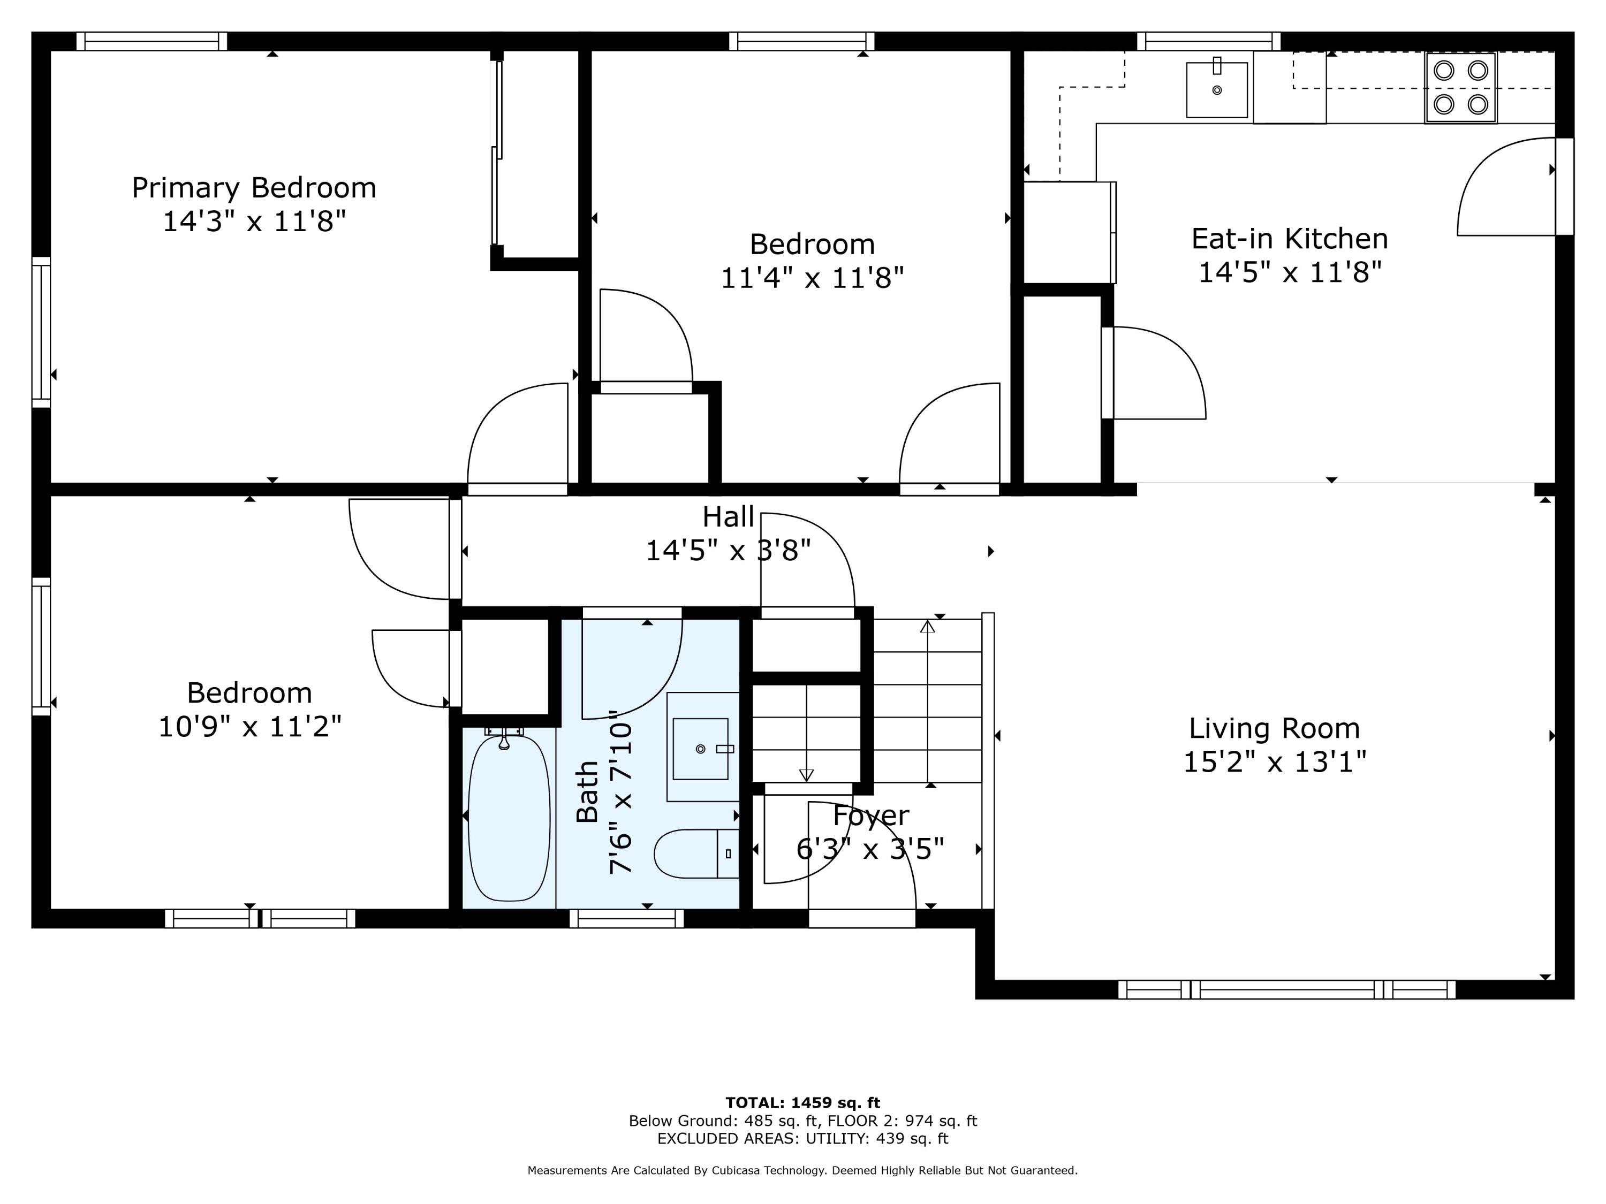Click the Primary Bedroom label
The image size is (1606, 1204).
pyautogui.click(x=254, y=188)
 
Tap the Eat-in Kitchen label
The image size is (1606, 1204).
pyautogui.click(x=1290, y=239)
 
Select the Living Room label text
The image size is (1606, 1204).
pyautogui.click(x=1274, y=729)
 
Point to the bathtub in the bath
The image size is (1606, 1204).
pyautogui.click(x=509, y=818)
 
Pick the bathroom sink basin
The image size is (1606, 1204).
pyautogui.click(x=700, y=749)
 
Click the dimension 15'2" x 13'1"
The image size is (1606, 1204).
pyautogui.click(x=1275, y=762)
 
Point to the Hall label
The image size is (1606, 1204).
pyautogui.click(x=728, y=517)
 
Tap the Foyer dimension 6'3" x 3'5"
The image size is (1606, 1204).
pyautogui.click(x=870, y=848)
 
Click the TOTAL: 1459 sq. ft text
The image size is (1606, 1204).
pyautogui.click(x=803, y=1103)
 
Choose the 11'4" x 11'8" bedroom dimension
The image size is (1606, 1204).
pyautogui.click(x=813, y=278)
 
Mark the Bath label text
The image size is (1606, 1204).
pyautogui.click(x=587, y=792)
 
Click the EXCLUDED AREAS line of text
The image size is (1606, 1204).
pyautogui.click(x=803, y=1138)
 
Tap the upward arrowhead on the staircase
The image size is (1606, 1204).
pyautogui.click(x=928, y=626)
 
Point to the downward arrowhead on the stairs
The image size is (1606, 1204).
pyautogui.click(x=806, y=775)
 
